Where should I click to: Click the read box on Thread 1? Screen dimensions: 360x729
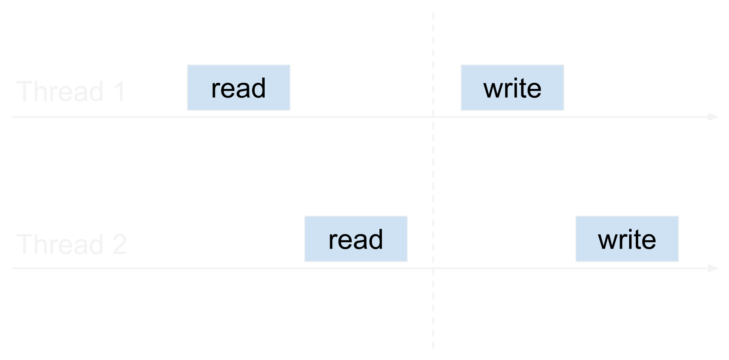click(238, 88)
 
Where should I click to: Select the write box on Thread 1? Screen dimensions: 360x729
click(512, 88)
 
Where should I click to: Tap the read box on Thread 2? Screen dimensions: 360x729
click(356, 239)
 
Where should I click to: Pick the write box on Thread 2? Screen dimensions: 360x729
click(627, 239)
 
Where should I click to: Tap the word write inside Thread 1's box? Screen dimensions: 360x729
click(512, 88)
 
